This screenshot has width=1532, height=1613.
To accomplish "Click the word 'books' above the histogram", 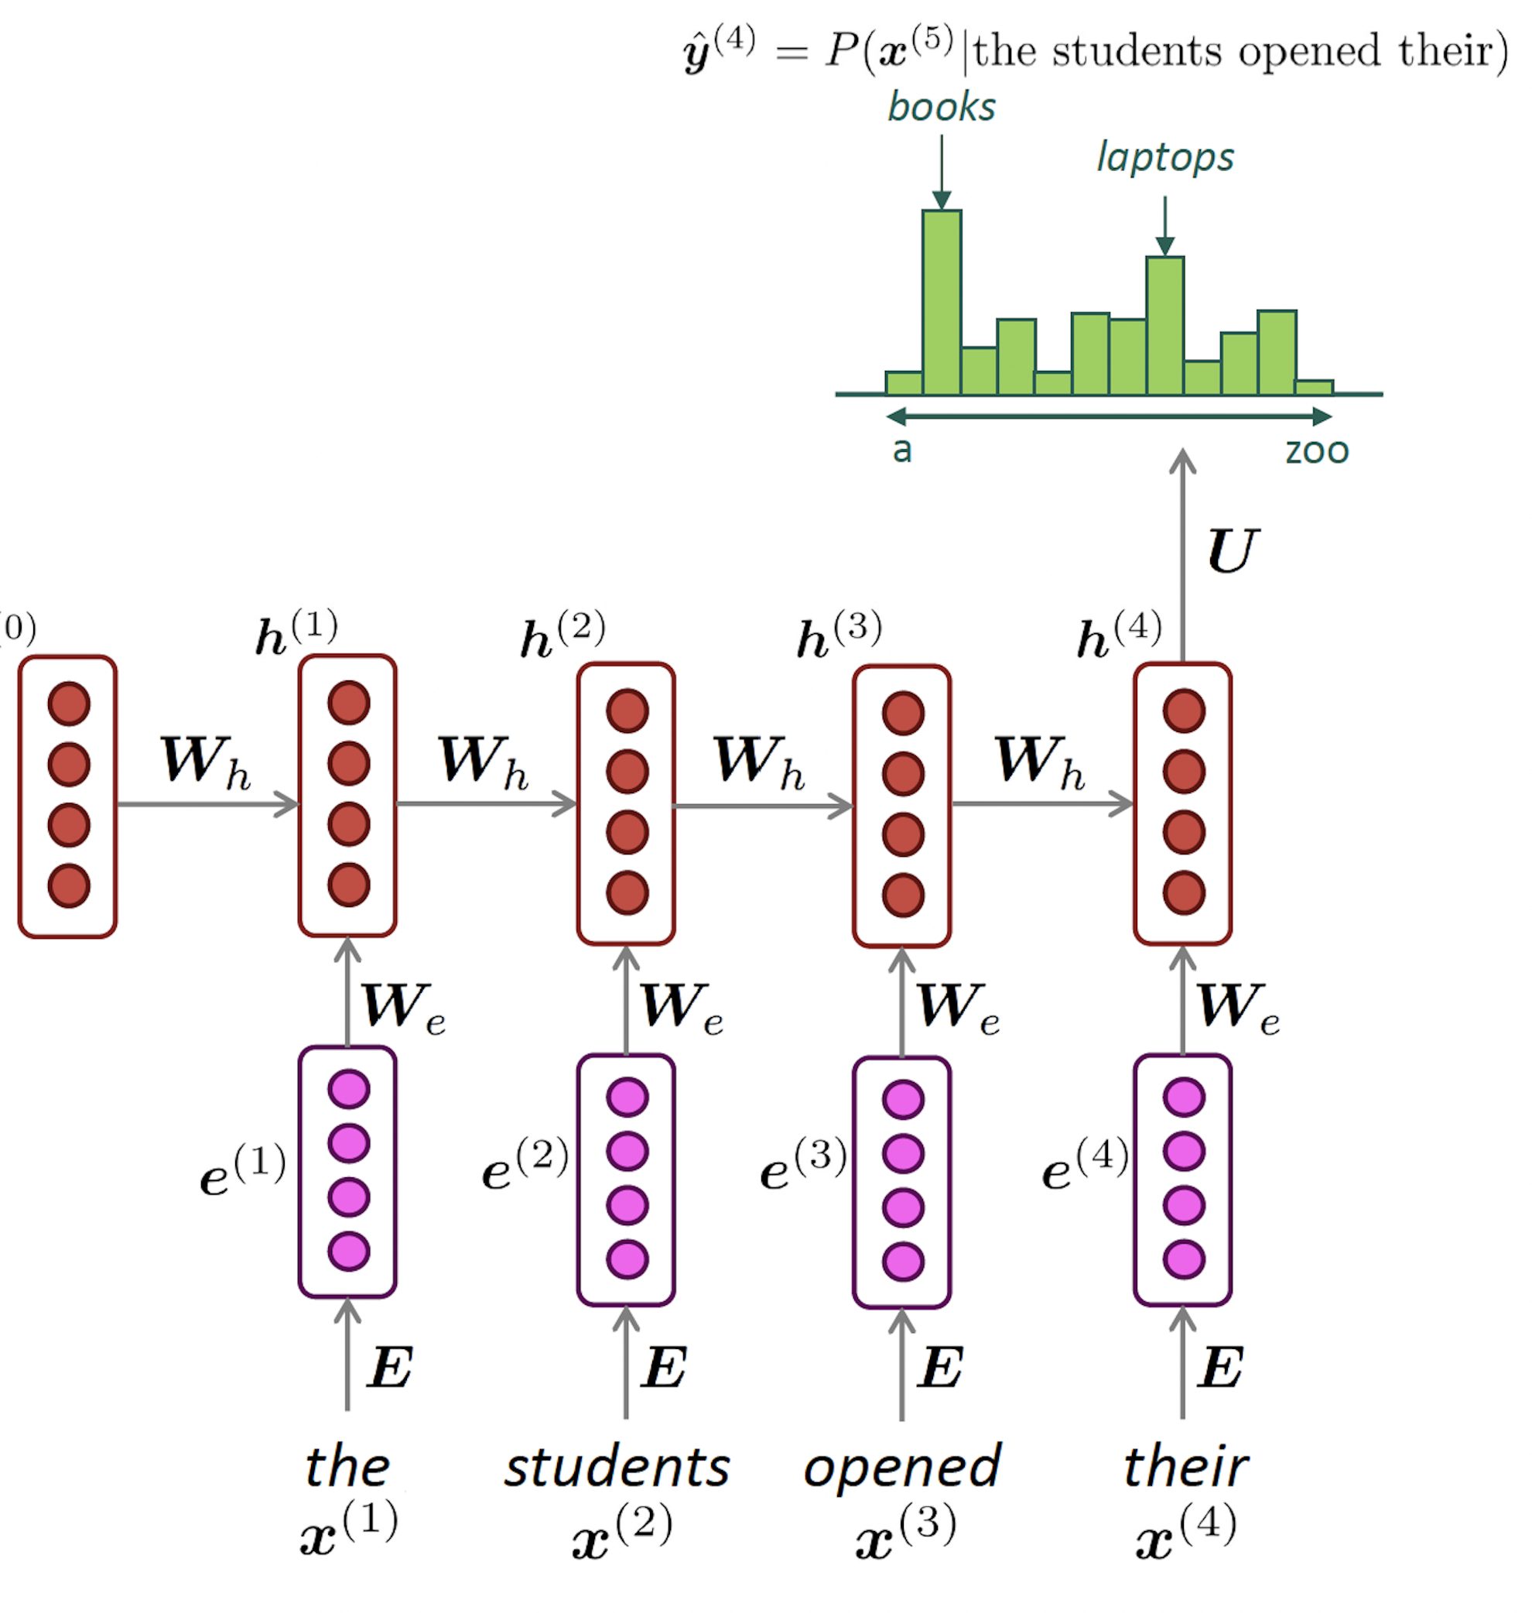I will (x=942, y=107).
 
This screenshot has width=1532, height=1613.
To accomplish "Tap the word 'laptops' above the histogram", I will (x=1164, y=157).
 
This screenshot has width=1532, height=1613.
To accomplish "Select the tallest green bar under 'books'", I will (x=942, y=302).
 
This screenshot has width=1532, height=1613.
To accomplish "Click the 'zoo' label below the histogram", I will (x=1316, y=450).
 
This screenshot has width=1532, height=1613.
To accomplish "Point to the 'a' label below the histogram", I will (x=901, y=450).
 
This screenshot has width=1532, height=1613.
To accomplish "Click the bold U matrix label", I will (x=1233, y=551).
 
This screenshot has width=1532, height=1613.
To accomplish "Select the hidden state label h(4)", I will (x=1118, y=635).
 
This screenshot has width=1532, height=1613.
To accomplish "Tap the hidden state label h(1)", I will (x=296, y=633).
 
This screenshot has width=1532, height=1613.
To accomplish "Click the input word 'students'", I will (x=617, y=1468).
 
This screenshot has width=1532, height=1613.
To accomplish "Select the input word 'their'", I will (x=1185, y=1467).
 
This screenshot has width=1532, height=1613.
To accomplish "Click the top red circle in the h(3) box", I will (x=903, y=714).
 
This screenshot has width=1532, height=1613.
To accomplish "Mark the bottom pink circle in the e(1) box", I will (x=349, y=1252).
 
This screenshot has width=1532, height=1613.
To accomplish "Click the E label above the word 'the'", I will (x=389, y=1368).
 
